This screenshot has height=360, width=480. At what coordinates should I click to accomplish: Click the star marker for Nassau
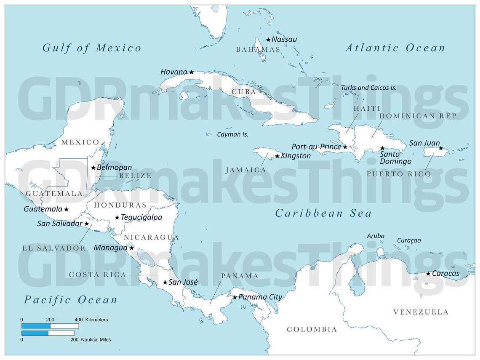click(268, 40)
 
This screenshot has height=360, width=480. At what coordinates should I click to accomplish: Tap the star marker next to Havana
click(191, 72)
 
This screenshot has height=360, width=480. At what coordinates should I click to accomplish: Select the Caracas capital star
click(428, 274)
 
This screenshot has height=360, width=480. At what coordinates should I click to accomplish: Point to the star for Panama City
click(235, 297)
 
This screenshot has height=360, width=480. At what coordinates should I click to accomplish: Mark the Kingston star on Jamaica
click(277, 156)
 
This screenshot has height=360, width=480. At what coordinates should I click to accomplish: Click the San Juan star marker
click(441, 148)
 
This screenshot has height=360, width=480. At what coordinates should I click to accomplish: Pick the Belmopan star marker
click(93, 168)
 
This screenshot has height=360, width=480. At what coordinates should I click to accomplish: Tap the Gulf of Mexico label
click(92, 48)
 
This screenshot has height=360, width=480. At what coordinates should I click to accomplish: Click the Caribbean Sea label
click(323, 213)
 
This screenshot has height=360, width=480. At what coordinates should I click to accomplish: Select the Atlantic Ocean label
click(395, 48)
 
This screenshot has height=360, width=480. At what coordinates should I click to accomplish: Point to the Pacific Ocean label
click(70, 300)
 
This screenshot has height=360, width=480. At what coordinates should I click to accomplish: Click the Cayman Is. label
click(232, 135)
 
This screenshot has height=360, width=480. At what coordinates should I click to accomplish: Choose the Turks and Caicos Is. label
click(369, 88)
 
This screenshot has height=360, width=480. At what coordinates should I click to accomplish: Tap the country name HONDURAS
click(120, 205)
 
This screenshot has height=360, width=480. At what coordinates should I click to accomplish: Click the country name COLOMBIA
click(312, 329)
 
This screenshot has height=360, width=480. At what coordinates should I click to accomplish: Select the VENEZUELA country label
click(421, 312)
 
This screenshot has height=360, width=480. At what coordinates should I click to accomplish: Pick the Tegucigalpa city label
click(141, 218)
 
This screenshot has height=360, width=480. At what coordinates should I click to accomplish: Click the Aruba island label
click(376, 236)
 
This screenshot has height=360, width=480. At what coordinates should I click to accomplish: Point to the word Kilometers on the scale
click(96, 320)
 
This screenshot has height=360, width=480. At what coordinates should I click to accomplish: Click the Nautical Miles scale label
click(96, 339)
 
